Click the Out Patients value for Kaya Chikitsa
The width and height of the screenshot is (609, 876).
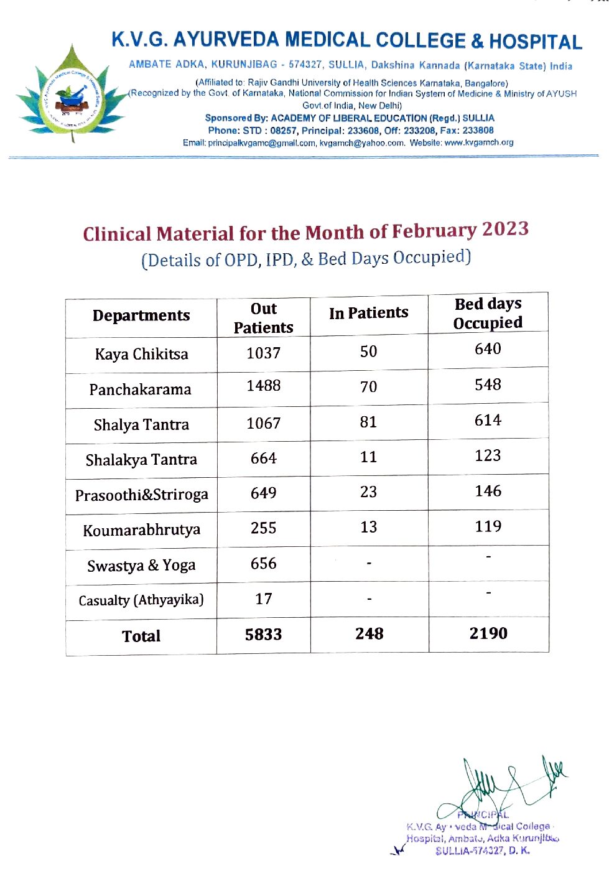(x=263, y=353)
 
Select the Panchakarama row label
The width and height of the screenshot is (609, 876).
(x=140, y=390)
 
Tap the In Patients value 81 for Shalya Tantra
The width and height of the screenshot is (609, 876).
(x=368, y=422)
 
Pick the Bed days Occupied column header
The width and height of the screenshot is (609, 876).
(x=488, y=314)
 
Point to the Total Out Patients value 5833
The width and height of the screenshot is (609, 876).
(x=263, y=635)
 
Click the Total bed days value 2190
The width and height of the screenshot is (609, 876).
(x=488, y=633)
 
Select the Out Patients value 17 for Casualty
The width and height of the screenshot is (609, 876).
(x=263, y=599)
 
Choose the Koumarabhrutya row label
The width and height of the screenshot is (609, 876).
(x=141, y=531)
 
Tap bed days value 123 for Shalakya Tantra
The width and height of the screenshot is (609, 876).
(x=488, y=456)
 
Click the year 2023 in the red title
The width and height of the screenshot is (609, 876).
(x=505, y=229)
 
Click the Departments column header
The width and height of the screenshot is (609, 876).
(x=141, y=315)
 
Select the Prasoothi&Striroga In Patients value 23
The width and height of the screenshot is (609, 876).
(x=368, y=492)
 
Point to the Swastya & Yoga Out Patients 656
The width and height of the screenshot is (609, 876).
(x=263, y=564)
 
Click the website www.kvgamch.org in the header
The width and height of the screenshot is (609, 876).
(x=479, y=142)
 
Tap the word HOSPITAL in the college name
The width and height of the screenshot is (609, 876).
(x=535, y=42)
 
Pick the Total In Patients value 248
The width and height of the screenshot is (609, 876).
(x=369, y=634)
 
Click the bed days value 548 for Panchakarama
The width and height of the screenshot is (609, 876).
(x=488, y=385)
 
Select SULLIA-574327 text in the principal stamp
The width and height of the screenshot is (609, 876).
(x=470, y=851)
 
